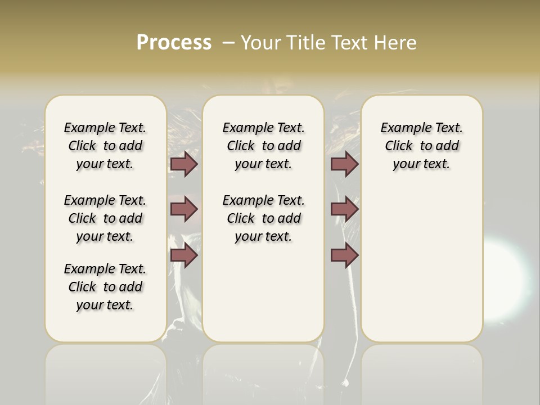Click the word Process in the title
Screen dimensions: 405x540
click(174, 43)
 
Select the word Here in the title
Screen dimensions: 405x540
click(396, 43)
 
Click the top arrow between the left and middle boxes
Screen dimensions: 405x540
click(184, 164)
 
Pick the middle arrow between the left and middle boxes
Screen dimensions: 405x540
click(184, 209)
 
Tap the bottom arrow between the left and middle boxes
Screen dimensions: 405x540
click(184, 255)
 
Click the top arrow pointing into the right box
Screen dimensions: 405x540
click(344, 164)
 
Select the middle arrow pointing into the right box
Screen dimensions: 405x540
click(344, 209)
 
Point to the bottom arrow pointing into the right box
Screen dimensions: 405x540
click(344, 255)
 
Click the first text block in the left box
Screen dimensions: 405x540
click(105, 146)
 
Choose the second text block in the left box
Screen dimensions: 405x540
click(105, 218)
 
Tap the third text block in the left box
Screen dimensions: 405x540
click(105, 287)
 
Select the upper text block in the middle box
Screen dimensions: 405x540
click(263, 146)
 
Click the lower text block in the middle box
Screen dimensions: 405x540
click(263, 218)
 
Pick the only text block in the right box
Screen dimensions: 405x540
click(421, 146)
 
